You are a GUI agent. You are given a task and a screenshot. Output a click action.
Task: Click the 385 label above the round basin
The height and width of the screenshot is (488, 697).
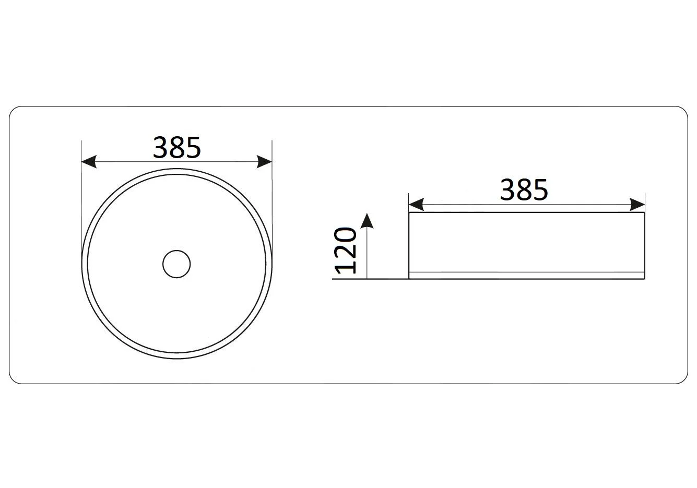point(177,147)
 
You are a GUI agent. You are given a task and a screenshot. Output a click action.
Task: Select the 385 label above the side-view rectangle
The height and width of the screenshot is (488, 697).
point(524,189)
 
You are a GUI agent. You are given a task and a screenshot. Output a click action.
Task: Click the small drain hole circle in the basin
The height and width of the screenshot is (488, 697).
point(176,264)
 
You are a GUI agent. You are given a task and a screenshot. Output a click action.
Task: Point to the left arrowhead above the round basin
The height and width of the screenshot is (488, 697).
point(89,161)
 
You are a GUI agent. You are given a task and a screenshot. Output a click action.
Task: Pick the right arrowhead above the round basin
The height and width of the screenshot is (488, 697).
point(264,161)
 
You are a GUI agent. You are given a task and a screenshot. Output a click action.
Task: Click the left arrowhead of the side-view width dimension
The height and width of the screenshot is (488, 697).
point(416,205)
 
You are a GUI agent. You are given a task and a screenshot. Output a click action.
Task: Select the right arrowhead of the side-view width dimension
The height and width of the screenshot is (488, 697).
point(637,205)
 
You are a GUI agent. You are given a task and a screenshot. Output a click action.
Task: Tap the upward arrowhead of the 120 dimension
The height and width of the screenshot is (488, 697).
point(368,221)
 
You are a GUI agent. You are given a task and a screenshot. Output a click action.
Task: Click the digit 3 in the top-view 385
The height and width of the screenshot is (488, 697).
point(160,147)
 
